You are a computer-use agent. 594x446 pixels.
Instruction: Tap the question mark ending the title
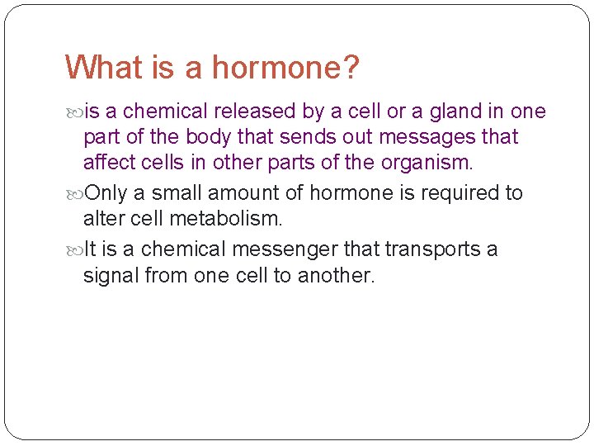point(351,68)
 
